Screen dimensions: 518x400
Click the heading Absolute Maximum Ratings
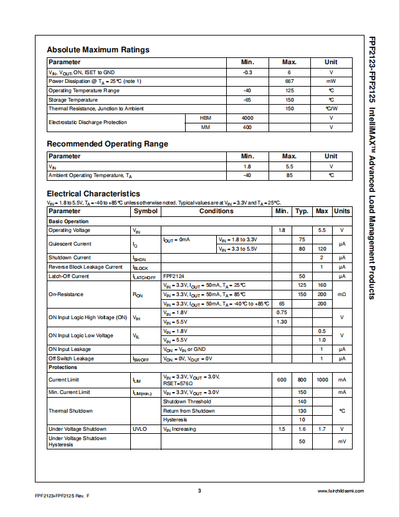pos(98,50)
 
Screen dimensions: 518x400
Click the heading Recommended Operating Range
pos(107,144)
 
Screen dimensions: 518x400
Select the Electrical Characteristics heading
pos(93,194)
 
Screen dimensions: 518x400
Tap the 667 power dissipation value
pos(289,81)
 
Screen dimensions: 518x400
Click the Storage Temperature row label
pos(73,100)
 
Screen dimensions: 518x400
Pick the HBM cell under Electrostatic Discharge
pos(206,118)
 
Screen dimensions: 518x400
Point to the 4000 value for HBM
pos(247,118)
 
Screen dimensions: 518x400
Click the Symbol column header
pos(146,211)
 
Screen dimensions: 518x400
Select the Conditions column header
pos(216,211)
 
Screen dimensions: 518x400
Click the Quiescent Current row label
pos(70,244)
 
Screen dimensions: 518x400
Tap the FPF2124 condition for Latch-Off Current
pos(174,276)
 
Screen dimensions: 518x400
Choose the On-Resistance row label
pos(65,294)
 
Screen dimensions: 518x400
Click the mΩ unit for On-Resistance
pos(341,294)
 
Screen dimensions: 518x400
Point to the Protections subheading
pos(63,367)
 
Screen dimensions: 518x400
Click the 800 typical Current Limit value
pos(302,380)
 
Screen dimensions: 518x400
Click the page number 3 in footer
pos(199,491)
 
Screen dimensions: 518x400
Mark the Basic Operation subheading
pos(69,221)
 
